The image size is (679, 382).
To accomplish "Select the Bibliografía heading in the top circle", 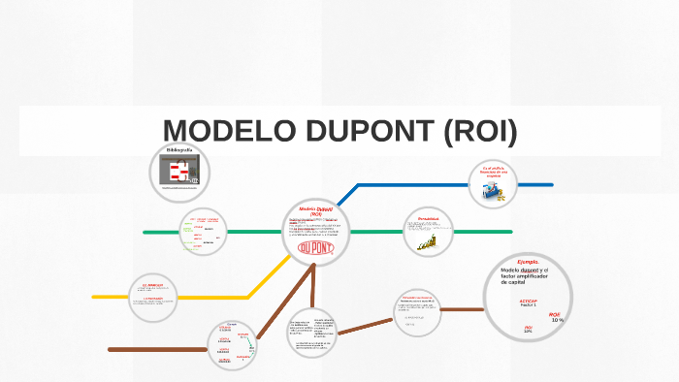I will [x=179, y=151].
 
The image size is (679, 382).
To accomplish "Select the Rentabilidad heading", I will [x=430, y=220].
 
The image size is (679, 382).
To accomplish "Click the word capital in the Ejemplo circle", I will [x=526, y=281].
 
